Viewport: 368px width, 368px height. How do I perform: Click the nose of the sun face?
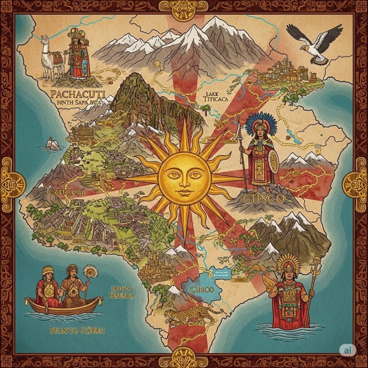tap(184, 180)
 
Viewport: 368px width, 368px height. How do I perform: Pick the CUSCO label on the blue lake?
tap(202, 290)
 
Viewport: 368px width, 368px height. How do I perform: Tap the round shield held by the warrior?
tap(273, 161)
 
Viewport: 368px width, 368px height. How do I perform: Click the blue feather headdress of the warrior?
tap(260, 124)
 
